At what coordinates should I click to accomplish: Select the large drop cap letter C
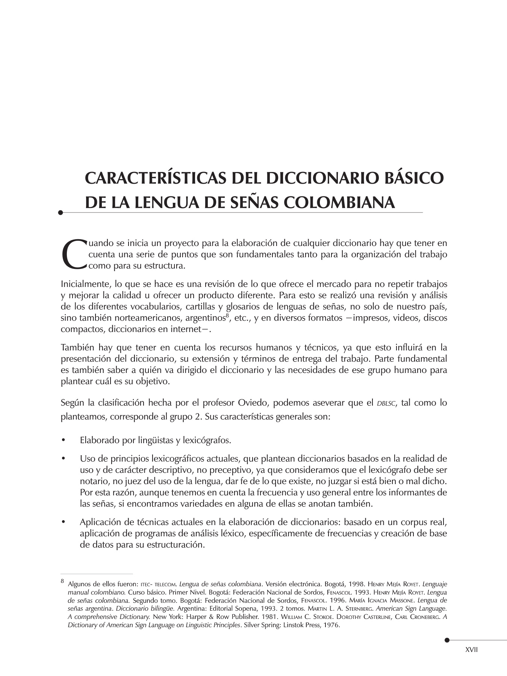click(74, 254)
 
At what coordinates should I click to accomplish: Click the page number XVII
click(471, 650)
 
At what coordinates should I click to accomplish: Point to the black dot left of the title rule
click(61, 213)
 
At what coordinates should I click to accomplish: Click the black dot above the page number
click(446, 640)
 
